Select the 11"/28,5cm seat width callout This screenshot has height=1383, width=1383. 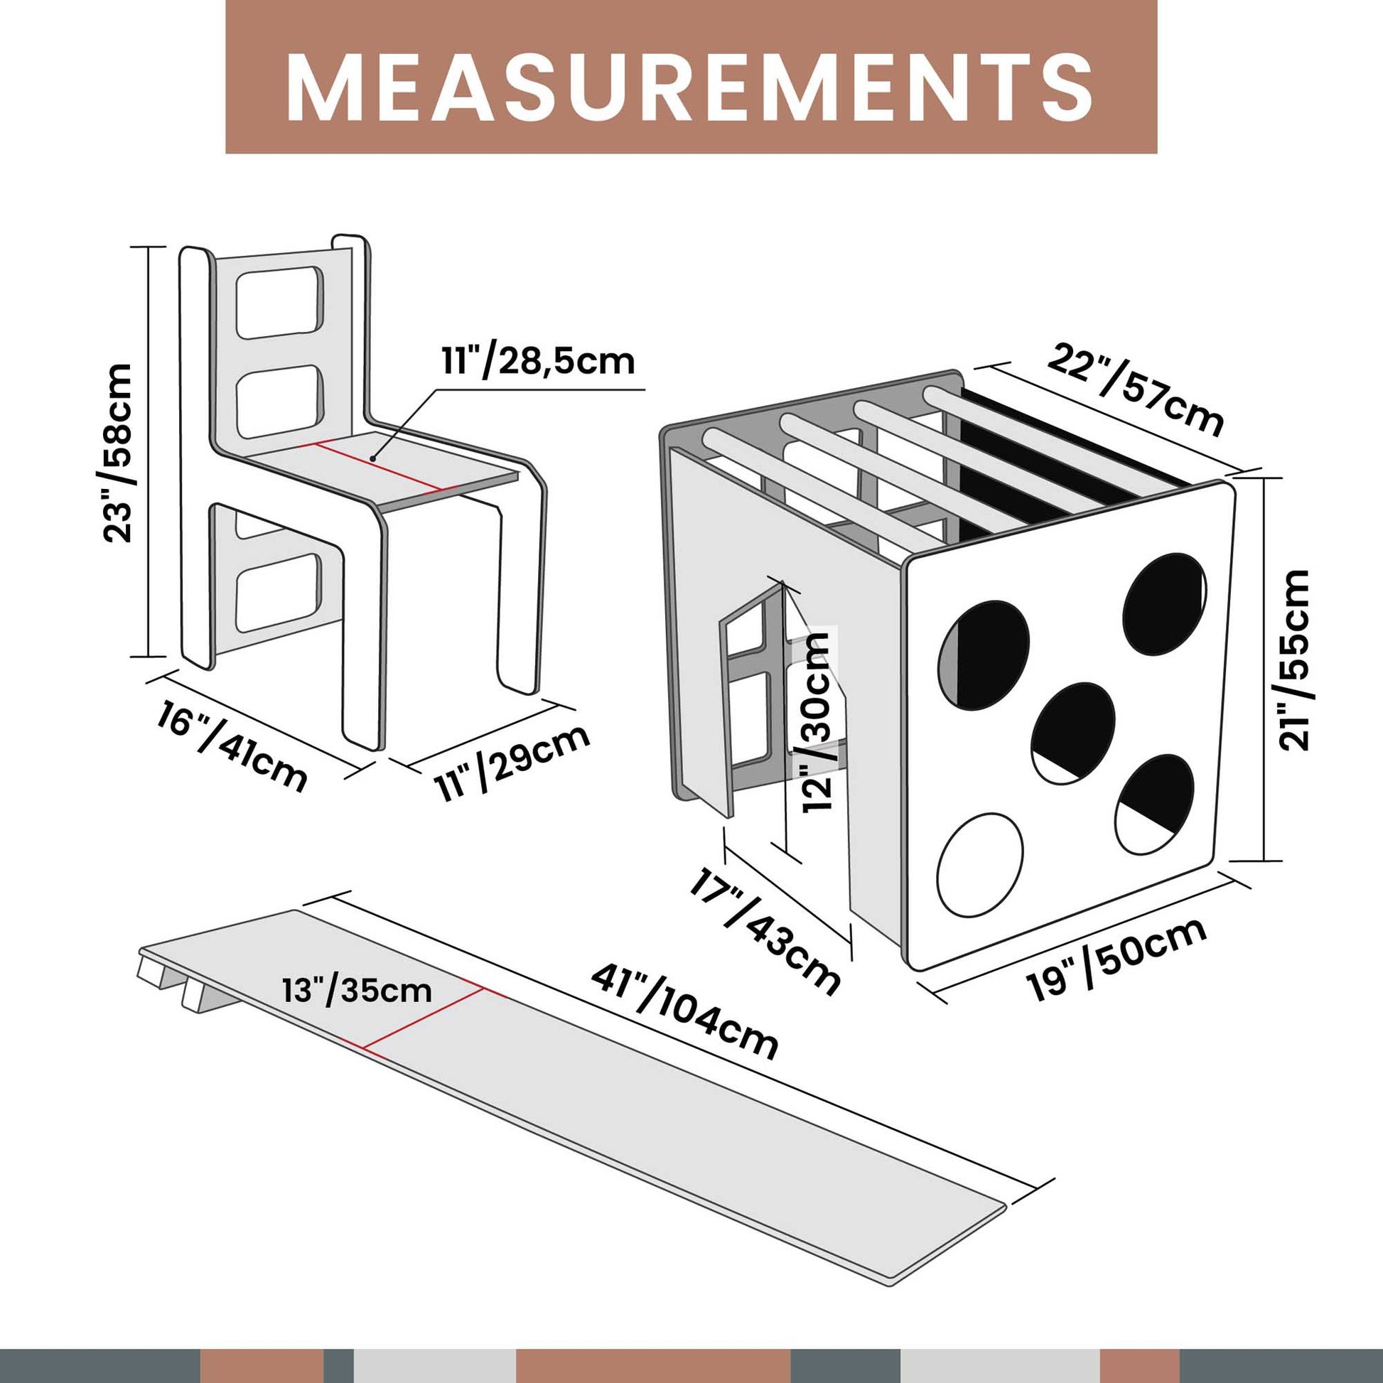click(537, 362)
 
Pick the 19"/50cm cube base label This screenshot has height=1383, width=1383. click(1117, 959)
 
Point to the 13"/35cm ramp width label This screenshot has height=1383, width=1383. click(357, 991)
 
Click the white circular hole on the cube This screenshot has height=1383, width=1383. click(979, 864)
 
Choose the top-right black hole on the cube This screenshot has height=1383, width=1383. click(1165, 604)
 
